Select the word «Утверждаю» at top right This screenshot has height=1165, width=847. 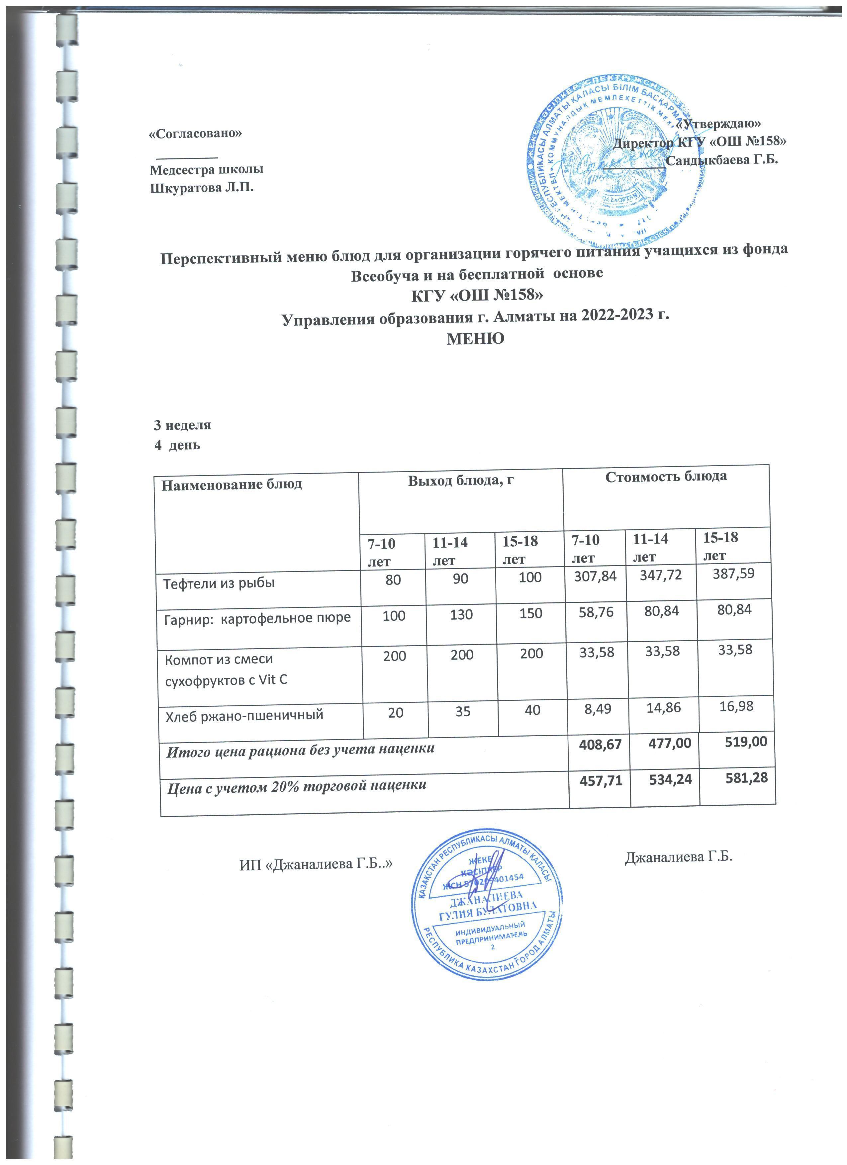pos(719,123)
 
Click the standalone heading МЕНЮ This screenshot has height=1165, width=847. pos(475,338)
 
